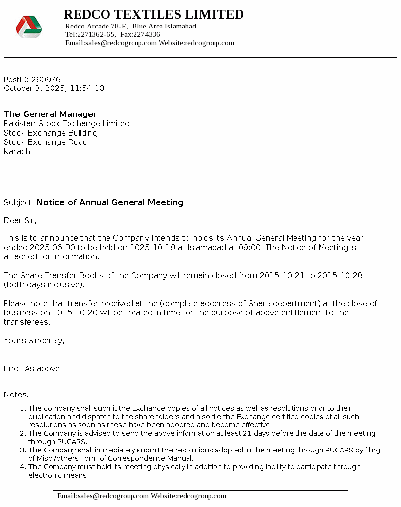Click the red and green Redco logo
click(28, 27)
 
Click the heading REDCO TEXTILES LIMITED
click(154, 14)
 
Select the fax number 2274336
click(146, 34)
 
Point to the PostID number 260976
click(46, 79)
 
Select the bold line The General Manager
click(51, 114)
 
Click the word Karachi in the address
click(18, 151)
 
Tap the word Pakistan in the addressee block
click(20, 123)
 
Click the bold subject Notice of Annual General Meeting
click(110, 202)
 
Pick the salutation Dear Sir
click(20, 220)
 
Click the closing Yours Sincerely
click(34, 340)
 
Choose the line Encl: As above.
click(33, 368)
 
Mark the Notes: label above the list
click(16, 394)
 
